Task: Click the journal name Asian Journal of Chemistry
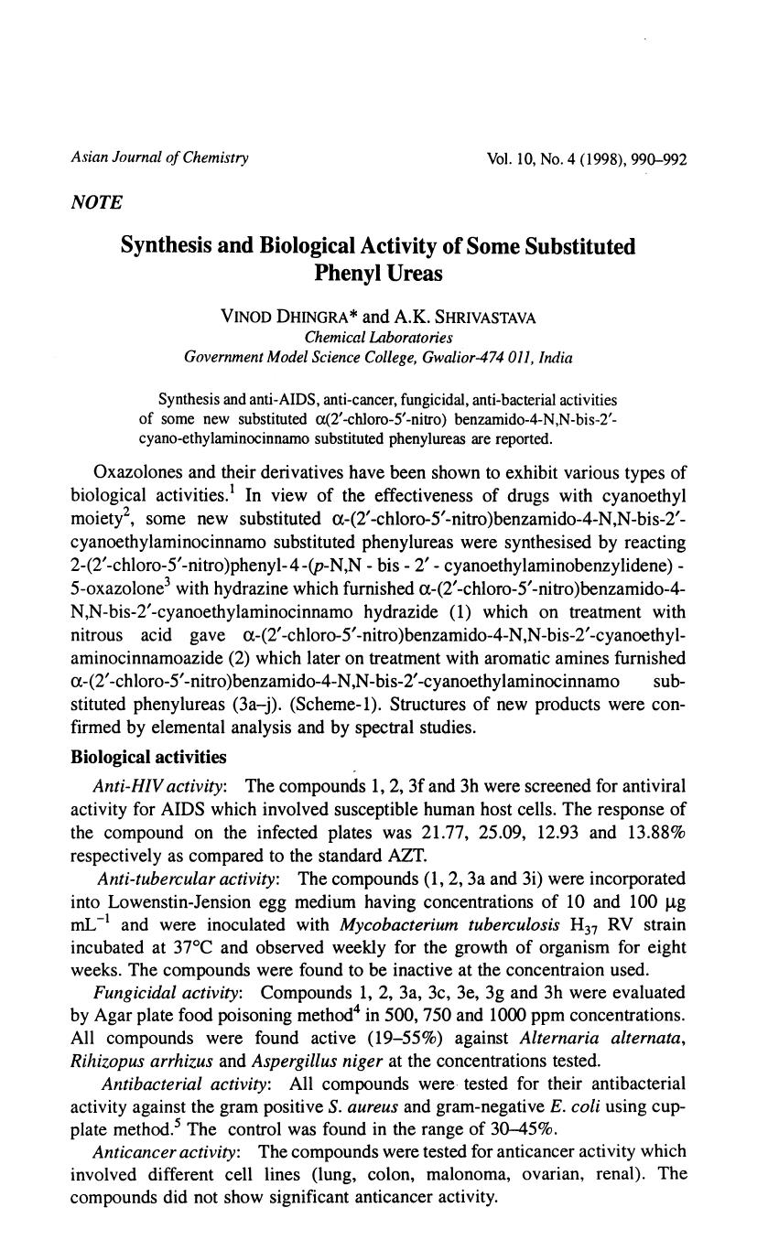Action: tap(159, 158)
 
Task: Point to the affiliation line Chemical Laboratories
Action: tap(377, 337)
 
